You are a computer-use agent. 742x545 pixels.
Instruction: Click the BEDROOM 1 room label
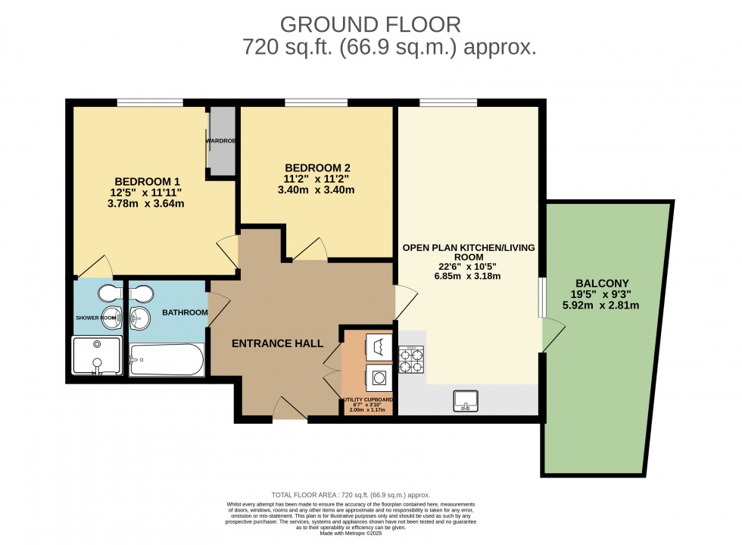pos(147,181)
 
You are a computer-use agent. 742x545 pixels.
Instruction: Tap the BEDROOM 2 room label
pos(317,168)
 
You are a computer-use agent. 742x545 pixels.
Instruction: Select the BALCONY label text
pos(604,283)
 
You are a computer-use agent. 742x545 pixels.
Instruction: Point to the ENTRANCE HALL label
pos(272,343)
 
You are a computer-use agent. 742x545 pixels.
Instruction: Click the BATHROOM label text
pos(185,312)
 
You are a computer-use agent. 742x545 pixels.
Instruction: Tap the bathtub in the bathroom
pos(166,360)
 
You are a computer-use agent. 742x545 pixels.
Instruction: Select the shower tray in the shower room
pos(96,356)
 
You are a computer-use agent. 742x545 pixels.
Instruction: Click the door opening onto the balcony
pos(552,334)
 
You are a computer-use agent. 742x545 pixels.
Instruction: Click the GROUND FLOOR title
pos(370,24)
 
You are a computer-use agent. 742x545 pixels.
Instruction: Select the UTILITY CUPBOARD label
pos(368,399)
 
